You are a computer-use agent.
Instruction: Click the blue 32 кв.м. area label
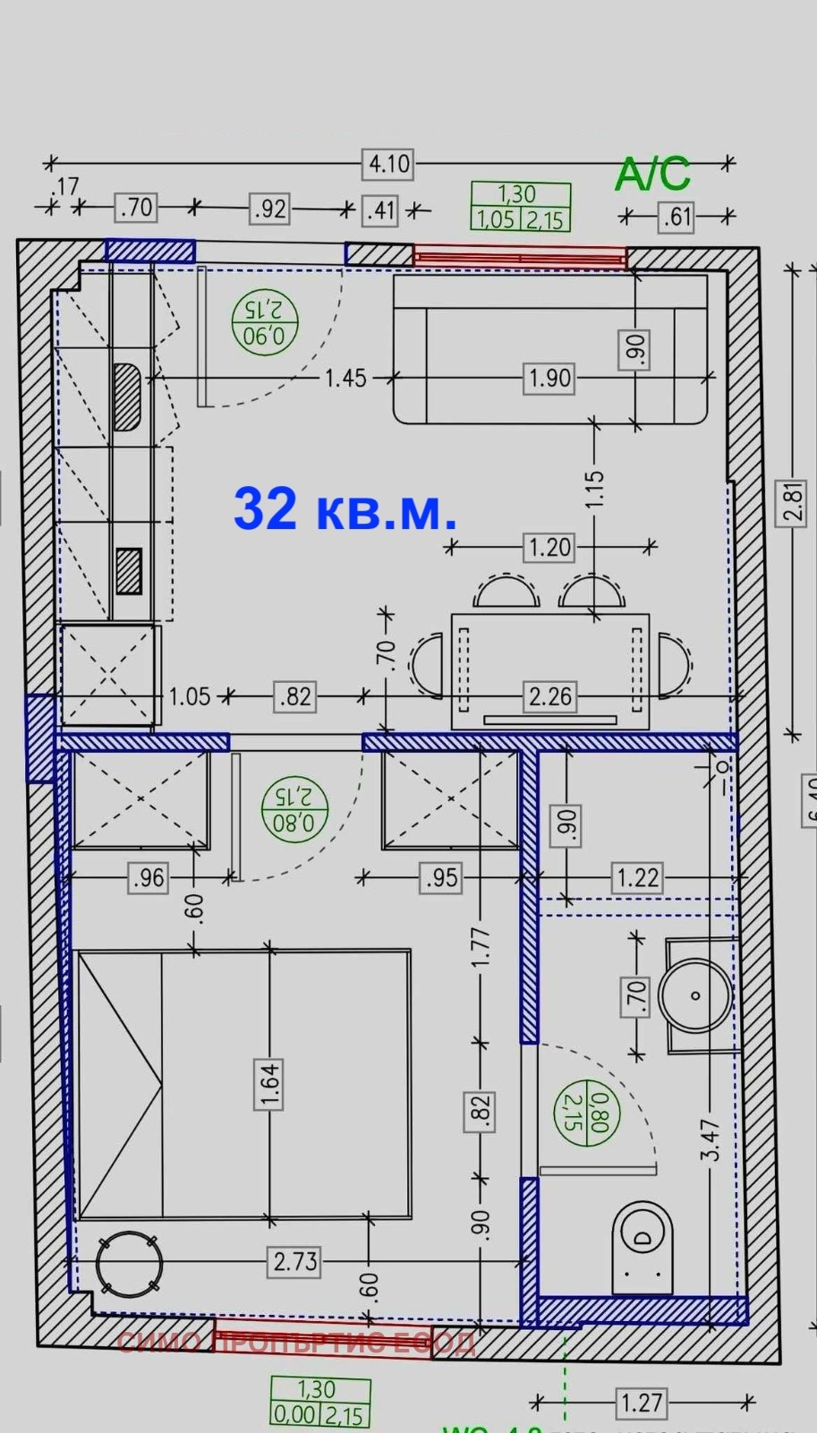pyautogui.click(x=345, y=509)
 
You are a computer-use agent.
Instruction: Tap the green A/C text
pyautogui.click(x=652, y=174)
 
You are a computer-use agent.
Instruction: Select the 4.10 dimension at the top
pyautogui.click(x=389, y=164)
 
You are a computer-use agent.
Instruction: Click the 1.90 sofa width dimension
pyautogui.click(x=549, y=378)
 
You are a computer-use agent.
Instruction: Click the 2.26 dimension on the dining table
pyautogui.click(x=549, y=696)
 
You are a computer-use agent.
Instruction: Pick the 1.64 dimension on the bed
pyautogui.click(x=269, y=1084)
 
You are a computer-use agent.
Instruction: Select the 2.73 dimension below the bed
pyautogui.click(x=295, y=1261)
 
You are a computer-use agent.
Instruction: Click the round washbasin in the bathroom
pyautogui.click(x=695, y=994)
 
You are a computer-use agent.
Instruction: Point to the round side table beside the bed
pyautogui.click(x=130, y=1264)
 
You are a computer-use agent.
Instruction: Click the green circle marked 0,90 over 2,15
pyautogui.click(x=264, y=322)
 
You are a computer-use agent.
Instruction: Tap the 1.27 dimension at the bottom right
pyautogui.click(x=642, y=1403)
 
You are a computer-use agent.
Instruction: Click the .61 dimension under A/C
pyautogui.click(x=677, y=217)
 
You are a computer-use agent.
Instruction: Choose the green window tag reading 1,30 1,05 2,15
pyautogui.click(x=520, y=207)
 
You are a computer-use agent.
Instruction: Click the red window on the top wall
pyautogui.click(x=520, y=257)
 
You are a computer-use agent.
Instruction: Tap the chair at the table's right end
pyautogui.click(x=674, y=666)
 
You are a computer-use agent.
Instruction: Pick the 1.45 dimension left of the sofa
pyautogui.click(x=345, y=378)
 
